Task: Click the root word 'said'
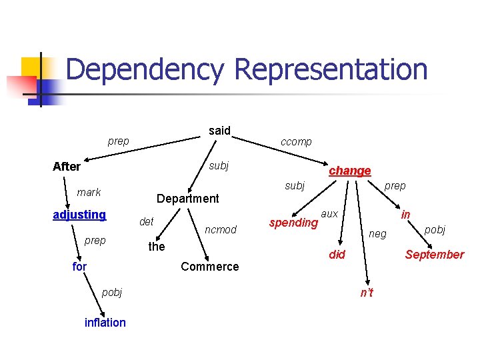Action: tap(219, 131)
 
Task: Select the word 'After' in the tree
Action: tap(67, 167)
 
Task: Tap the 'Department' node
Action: tap(187, 198)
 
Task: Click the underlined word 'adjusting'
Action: tap(79, 215)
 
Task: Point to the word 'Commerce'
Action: tap(209, 267)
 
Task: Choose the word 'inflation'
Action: tap(105, 323)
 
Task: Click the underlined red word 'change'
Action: tap(350, 171)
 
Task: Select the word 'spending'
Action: tap(293, 223)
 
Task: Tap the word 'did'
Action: tap(337, 255)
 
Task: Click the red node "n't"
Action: tap(367, 293)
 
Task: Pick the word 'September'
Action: tap(435, 255)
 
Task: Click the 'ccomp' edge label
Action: tap(296, 142)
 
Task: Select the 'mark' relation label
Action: tap(89, 193)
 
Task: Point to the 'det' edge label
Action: tap(146, 221)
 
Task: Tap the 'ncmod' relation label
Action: tap(221, 230)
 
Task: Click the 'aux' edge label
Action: tap(329, 213)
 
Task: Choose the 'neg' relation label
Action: tap(377, 233)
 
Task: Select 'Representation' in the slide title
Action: tap(331, 69)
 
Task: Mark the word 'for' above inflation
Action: tap(79, 267)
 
